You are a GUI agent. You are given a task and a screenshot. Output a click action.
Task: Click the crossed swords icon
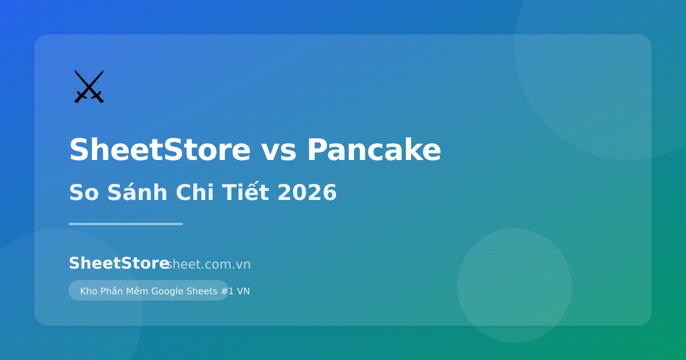point(89,86)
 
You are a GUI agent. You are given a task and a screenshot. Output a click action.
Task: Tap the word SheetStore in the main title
point(159,151)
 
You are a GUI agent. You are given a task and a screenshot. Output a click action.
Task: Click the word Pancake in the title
point(374,151)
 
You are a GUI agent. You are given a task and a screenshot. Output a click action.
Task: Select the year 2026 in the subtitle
point(307,193)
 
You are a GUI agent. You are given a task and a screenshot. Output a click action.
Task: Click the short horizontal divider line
point(126,224)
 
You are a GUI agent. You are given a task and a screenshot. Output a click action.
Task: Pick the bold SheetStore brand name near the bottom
point(118,263)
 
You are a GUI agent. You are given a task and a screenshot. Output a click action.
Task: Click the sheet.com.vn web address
point(209,265)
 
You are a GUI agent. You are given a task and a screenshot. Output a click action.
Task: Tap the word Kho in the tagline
point(89,291)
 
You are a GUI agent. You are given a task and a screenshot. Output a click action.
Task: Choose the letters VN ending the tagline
point(243,291)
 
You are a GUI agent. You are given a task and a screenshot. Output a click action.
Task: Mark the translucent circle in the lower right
point(514,286)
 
